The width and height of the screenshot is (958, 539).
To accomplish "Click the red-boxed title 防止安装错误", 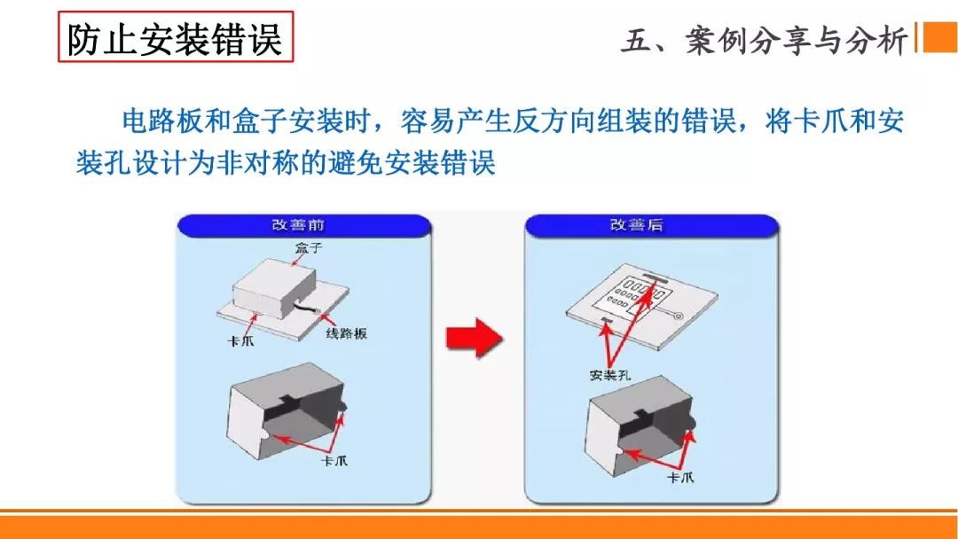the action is (176, 38).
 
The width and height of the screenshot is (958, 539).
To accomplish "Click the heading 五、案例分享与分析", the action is (765, 40).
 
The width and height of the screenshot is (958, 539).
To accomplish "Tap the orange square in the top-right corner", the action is (939, 37).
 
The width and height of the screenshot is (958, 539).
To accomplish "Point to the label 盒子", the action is (307, 248).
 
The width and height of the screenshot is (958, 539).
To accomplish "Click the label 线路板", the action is (347, 333).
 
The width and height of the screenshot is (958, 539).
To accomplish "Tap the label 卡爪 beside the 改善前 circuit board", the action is (240, 341).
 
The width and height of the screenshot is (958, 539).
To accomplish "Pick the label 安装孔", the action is (609, 375).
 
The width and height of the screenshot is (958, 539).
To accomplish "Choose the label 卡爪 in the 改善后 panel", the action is (680, 477).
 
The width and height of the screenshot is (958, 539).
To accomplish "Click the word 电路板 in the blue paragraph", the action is (149, 121).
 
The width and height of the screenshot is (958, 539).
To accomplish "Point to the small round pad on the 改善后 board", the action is (678, 316).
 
